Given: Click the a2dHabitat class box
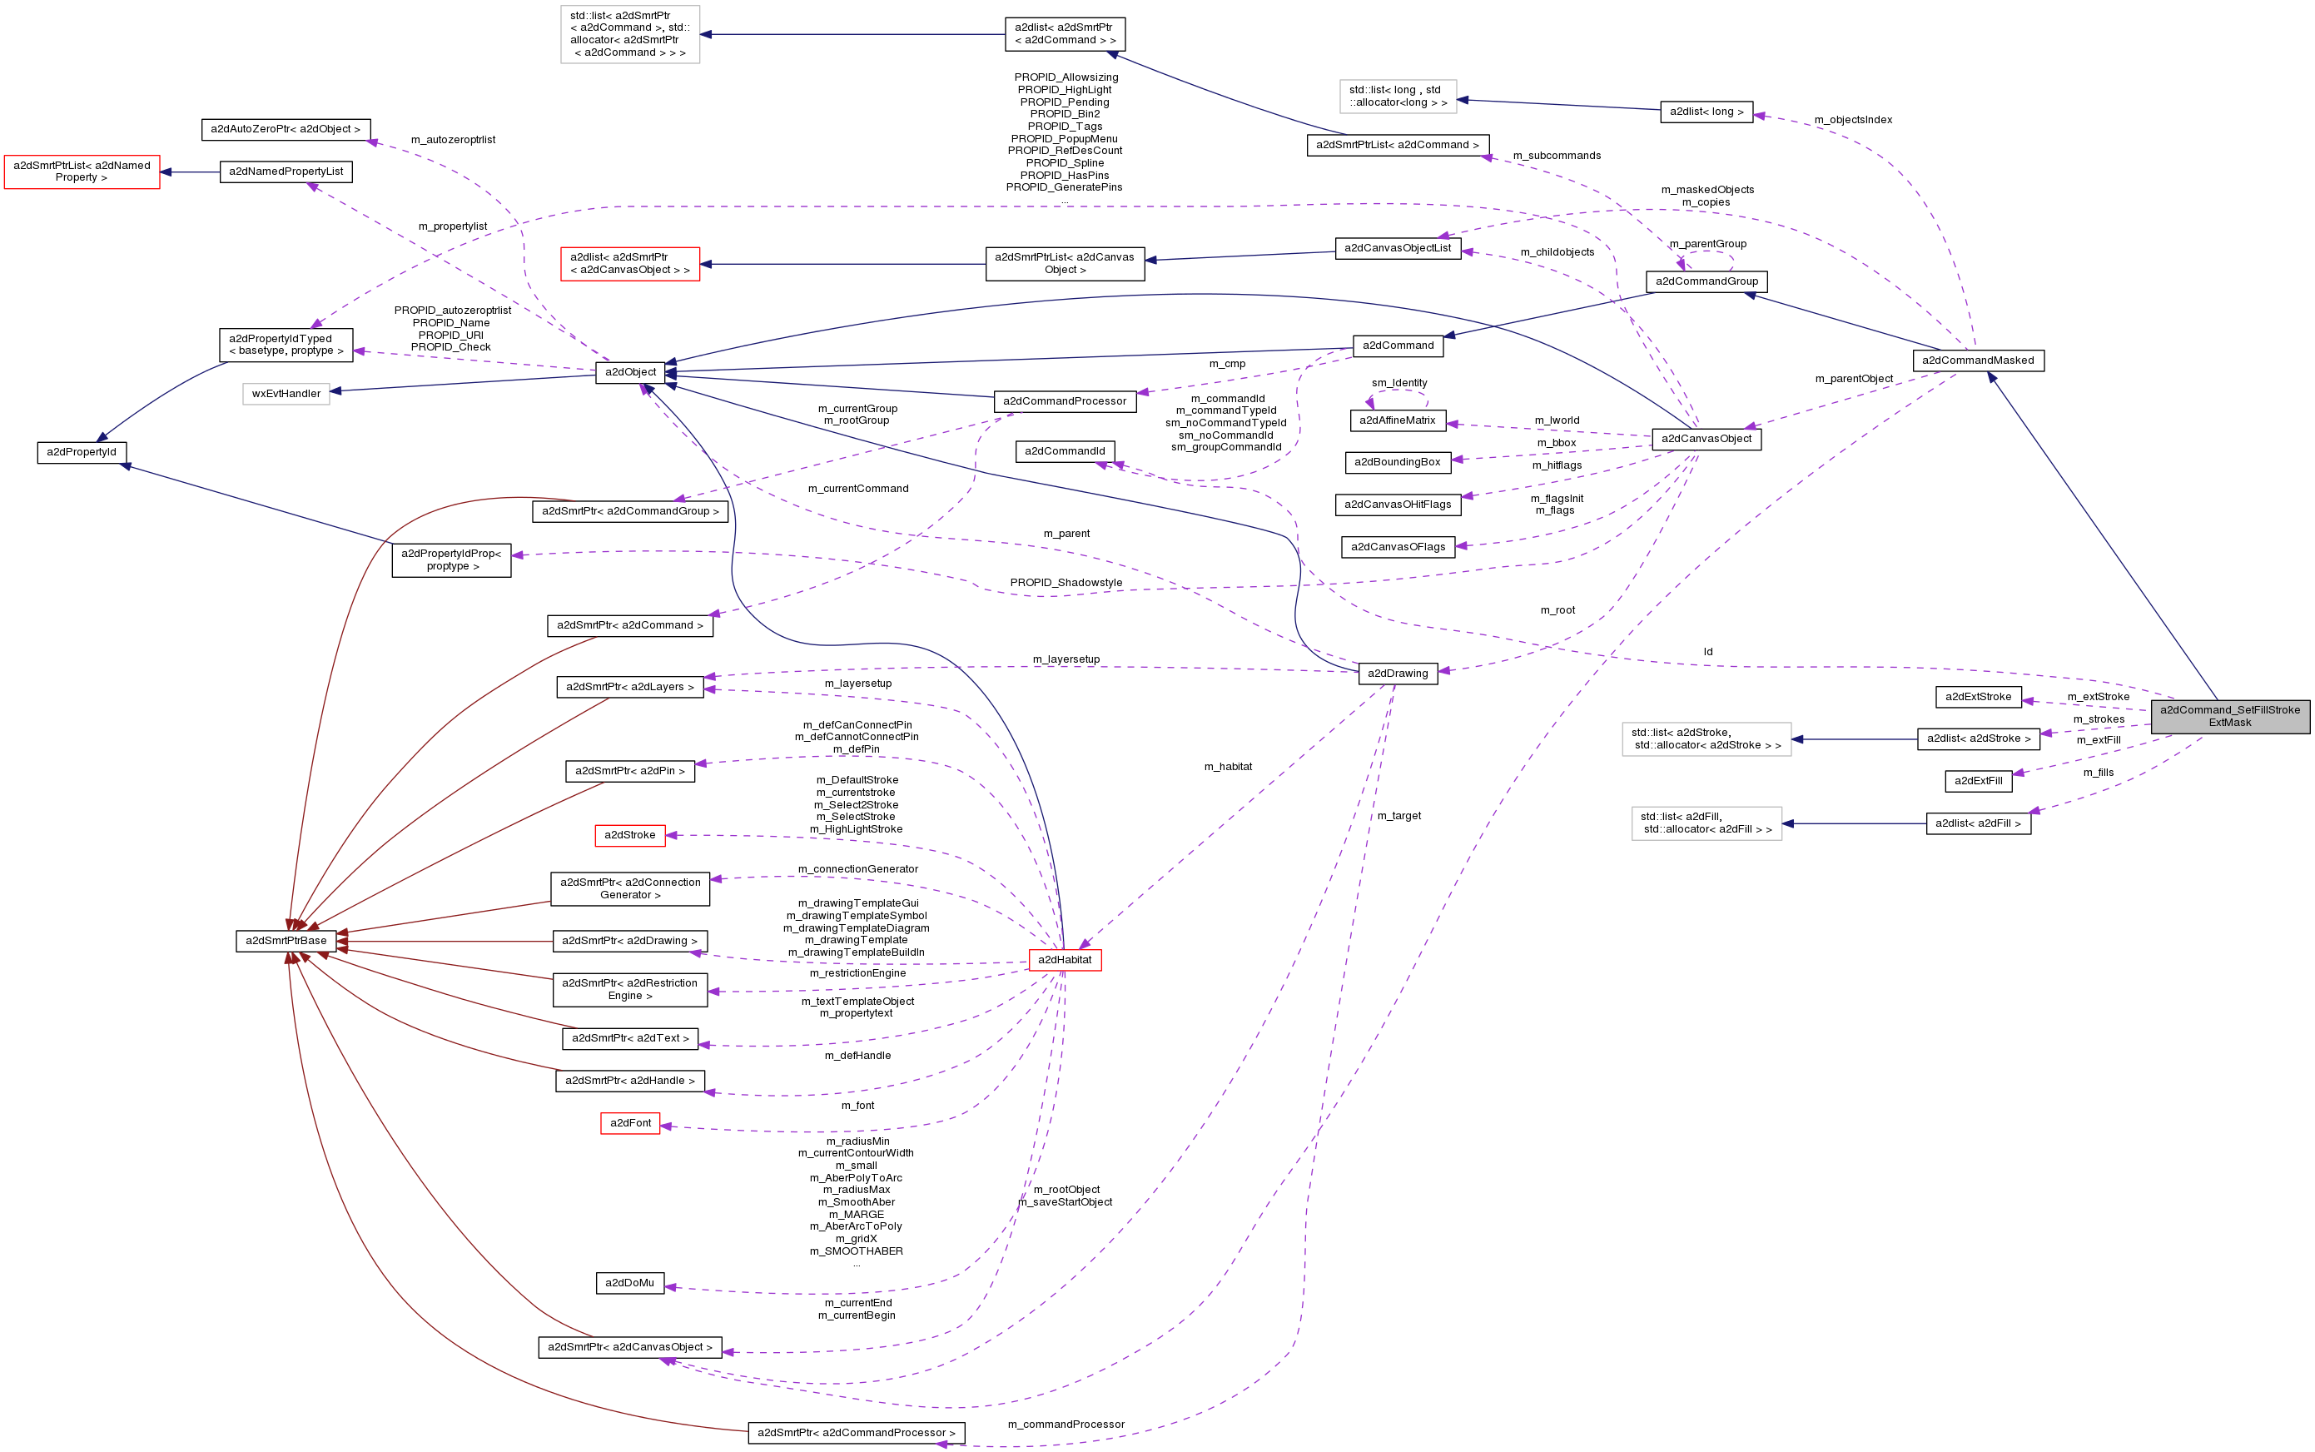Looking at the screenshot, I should coord(1064,959).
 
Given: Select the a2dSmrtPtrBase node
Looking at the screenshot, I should coord(286,940).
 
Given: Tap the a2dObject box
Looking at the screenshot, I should coord(630,371).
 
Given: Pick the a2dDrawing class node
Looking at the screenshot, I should coord(1397,674).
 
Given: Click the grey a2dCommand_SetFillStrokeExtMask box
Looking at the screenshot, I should coord(2229,716).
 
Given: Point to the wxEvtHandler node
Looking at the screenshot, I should coord(286,393).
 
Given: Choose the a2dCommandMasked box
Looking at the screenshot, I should coord(1977,361).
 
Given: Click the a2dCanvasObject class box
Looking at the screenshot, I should coord(1706,439).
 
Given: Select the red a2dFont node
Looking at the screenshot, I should coord(630,1122).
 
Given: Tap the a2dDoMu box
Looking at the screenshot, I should coord(629,1283).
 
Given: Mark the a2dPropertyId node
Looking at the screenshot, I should coord(82,451).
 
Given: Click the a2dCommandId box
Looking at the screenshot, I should coord(1064,450).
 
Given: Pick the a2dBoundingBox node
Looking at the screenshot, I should coord(1396,462).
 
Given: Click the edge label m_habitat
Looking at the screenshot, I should coord(1228,766).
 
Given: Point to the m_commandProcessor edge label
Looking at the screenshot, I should coord(1066,1425).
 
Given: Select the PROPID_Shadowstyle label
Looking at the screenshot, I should coord(1066,583).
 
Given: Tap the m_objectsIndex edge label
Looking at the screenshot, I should coord(1852,120).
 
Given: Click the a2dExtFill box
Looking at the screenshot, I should coord(1977,781).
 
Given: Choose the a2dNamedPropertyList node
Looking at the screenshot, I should coord(286,172).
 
